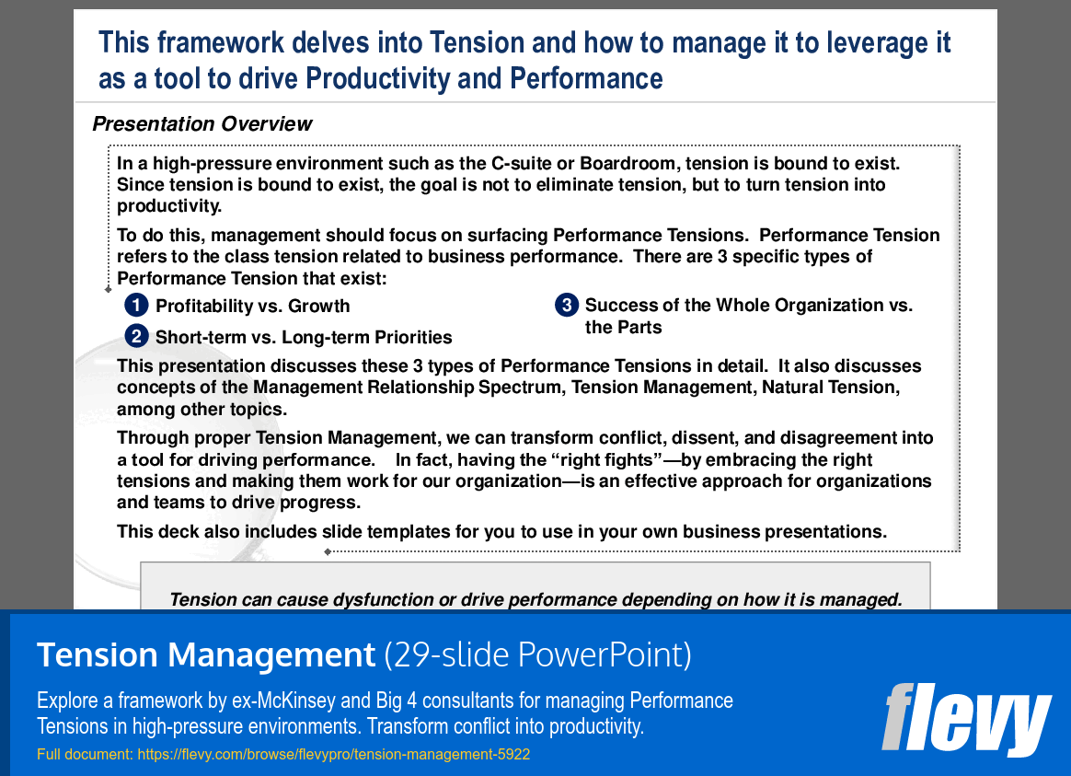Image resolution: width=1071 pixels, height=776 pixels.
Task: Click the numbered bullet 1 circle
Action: [x=136, y=305]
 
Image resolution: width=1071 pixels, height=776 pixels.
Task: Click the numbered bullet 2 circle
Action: [x=136, y=336]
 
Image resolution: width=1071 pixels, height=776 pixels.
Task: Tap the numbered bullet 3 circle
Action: [x=566, y=305]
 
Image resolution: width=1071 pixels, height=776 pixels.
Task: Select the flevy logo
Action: [x=966, y=718]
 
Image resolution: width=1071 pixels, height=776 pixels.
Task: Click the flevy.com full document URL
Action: [x=333, y=755]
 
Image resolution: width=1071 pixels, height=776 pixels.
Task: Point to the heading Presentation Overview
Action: [x=202, y=124]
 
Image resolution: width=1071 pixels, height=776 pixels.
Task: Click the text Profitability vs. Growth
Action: [x=252, y=306]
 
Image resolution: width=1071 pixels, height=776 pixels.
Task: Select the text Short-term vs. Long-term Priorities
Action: [x=304, y=337]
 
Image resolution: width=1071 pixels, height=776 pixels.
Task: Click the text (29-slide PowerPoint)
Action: [x=537, y=655]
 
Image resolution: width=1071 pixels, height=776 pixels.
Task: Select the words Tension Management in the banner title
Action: [x=205, y=655]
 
